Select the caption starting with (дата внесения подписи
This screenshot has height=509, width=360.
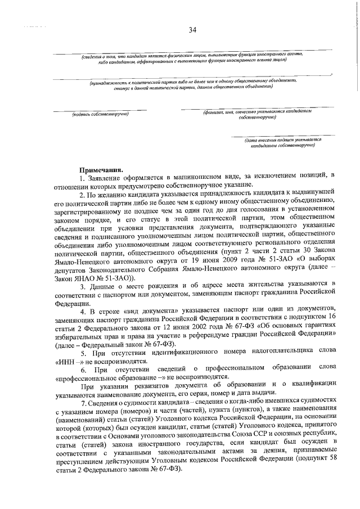point(279,142)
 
